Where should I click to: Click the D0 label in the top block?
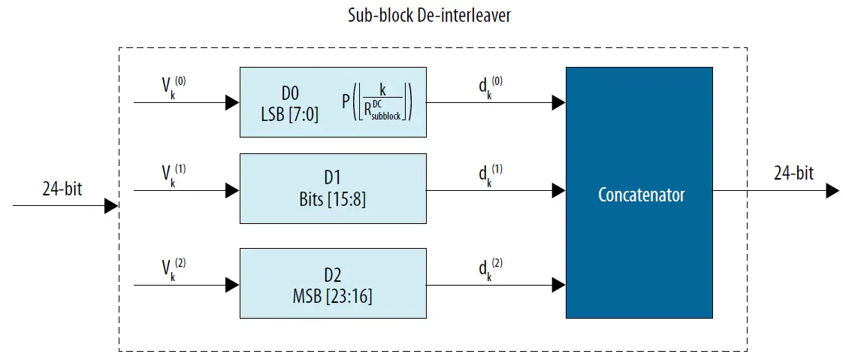291,93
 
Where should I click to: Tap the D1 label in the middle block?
333,177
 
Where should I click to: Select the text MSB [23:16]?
333,296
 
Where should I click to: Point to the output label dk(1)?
489,175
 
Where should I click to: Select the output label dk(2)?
489,270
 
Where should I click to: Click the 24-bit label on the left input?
62,189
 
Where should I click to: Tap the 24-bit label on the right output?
793,174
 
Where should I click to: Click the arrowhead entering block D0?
232,103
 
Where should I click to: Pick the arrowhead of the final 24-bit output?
832,191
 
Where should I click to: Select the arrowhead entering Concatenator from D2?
558,285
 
